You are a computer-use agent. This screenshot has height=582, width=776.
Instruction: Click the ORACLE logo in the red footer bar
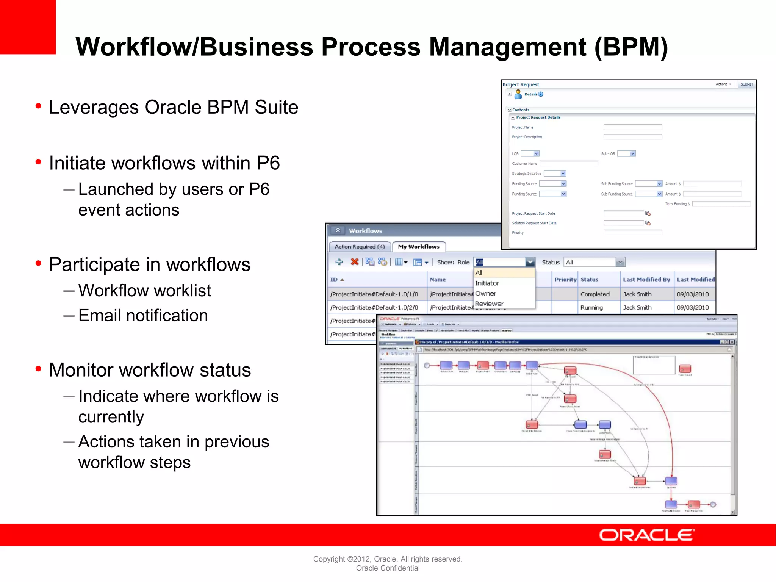(646, 535)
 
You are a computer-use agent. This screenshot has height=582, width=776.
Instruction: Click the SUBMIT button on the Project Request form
(746, 84)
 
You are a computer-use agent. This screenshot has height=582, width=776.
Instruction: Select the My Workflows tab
(419, 247)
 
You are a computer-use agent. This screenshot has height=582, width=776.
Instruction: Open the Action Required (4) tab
(359, 247)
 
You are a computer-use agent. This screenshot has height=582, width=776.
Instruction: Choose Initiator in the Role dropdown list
(487, 283)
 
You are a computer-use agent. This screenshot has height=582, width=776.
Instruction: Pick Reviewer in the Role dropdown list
(489, 304)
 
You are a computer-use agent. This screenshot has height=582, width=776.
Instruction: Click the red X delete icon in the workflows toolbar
(355, 262)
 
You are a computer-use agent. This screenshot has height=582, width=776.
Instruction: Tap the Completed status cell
(595, 294)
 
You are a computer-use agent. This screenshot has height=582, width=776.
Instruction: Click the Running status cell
(591, 308)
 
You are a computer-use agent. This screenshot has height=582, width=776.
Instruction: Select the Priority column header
(565, 280)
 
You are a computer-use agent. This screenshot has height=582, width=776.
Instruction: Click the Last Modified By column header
(646, 280)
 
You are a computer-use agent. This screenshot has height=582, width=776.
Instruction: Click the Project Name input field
(633, 127)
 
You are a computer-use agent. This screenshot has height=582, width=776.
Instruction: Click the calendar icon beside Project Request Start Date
(648, 213)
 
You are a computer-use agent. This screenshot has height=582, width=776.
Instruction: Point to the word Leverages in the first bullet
(94, 107)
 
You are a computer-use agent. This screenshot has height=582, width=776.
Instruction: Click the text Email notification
(143, 316)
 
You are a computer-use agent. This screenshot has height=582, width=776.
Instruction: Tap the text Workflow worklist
(144, 291)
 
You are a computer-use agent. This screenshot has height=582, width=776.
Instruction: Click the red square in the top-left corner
(28, 27)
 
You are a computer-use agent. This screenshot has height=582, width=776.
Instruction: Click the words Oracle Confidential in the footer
(388, 568)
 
